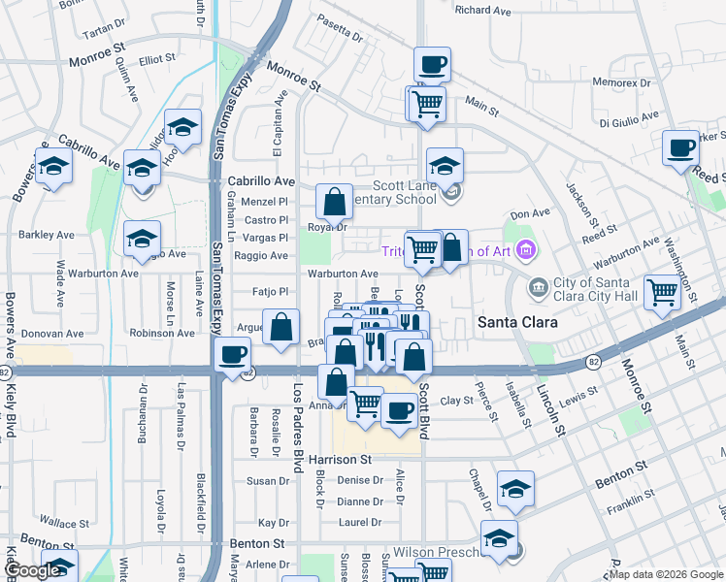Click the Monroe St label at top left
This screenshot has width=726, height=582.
click(x=97, y=61)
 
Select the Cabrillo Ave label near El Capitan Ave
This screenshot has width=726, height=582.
click(x=260, y=181)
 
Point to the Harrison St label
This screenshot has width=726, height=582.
click(x=339, y=459)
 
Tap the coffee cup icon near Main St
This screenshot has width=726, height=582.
click(x=432, y=65)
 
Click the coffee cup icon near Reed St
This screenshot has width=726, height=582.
click(x=681, y=148)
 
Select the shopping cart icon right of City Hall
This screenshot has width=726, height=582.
click(x=662, y=290)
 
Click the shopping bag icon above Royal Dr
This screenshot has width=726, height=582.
click(x=334, y=202)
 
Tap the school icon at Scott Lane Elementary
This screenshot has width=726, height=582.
click(x=445, y=165)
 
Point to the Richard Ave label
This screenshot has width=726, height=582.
click(x=482, y=11)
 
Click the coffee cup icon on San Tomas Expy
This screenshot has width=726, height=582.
click(x=233, y=355)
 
